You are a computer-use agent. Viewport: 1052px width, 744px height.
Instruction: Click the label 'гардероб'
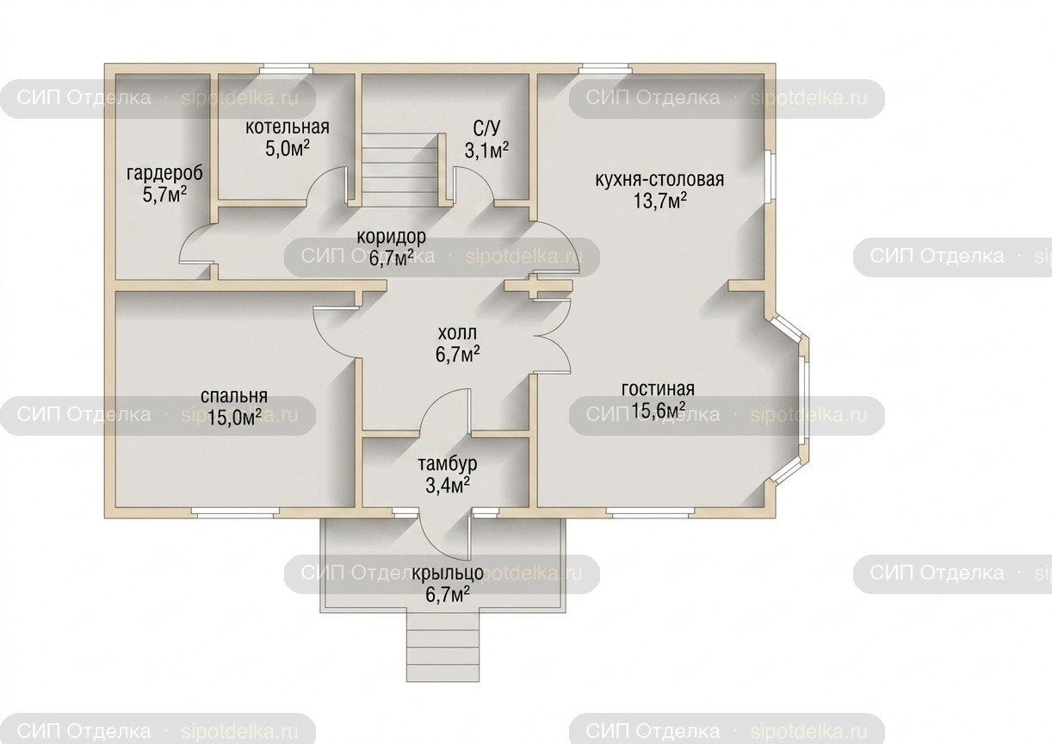point(164,173)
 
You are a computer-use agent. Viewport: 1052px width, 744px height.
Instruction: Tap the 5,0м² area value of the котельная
point(288,149)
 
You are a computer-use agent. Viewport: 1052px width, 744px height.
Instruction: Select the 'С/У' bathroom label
point(486,127)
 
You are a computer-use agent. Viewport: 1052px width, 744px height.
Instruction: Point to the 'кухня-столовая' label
point(659,179)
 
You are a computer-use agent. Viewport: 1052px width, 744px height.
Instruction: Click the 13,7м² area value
point(659,201)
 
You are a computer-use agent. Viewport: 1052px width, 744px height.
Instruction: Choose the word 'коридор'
point(391,237)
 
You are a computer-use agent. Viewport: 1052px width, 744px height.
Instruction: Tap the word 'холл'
point(457,333)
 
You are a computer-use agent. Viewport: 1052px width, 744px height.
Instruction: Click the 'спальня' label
point(234,396)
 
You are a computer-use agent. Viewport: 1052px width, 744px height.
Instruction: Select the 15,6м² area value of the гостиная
point(658,411)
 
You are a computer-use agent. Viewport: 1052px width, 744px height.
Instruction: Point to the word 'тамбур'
point(447,463)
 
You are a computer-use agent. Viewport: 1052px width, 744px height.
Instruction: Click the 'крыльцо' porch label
point(448,573)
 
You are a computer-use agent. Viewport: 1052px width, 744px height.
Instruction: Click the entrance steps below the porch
point(442,647)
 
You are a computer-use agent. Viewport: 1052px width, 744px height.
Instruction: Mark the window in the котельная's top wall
point(286,69)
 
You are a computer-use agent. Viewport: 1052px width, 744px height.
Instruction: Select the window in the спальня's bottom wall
point(235,513)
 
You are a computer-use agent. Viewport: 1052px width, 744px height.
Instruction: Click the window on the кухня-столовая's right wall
point(768,177)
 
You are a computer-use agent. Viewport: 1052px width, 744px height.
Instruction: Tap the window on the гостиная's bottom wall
point(650,513)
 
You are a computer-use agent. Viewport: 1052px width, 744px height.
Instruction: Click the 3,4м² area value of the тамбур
point(448,485)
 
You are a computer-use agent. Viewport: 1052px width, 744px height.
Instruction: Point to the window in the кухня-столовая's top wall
point(605,69)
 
